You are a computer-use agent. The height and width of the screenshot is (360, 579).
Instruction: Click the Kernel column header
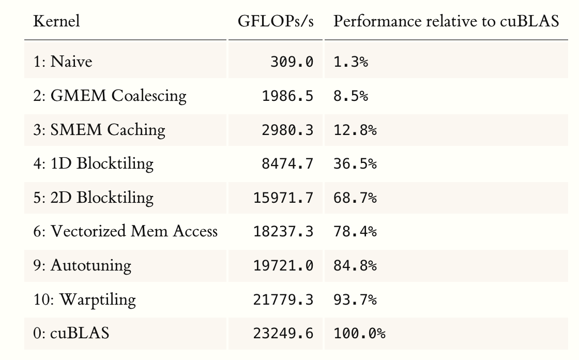coord(56,21)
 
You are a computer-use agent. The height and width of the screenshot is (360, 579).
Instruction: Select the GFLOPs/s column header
coord(276,21)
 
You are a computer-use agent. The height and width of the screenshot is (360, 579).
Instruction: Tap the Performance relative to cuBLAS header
coord(446,21)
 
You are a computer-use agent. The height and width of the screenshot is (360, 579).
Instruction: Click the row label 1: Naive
coord(63,62)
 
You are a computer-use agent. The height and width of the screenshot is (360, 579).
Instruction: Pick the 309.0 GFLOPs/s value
coord(292,62)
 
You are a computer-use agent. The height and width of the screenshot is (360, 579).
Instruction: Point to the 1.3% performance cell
coord(351,62)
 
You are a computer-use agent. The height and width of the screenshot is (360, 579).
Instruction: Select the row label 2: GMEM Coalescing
coord(110,96)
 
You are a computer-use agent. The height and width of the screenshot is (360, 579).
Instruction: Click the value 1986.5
coord(287,96)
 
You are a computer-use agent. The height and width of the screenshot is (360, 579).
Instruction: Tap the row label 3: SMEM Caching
coord(99,130)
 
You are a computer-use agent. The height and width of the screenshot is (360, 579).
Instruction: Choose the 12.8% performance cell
coord(355,130)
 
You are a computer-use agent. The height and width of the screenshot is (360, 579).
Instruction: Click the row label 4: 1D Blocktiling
coord(93,164)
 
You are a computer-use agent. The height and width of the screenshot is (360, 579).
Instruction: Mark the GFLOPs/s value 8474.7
coord(287,164)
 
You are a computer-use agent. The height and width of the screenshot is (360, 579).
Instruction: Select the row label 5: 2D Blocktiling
coord(93,198)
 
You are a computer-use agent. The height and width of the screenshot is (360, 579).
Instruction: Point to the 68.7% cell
coord(355,198)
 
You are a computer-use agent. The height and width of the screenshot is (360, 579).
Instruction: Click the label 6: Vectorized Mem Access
coord(125,231)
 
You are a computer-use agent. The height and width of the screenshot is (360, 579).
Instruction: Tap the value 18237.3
coord(283,232)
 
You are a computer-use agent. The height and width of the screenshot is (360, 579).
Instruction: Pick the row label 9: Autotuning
coord(82,265)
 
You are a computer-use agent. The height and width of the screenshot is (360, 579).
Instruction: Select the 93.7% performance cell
coord(355,300)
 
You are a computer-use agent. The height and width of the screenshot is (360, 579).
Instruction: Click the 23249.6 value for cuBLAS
coord(283,334)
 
